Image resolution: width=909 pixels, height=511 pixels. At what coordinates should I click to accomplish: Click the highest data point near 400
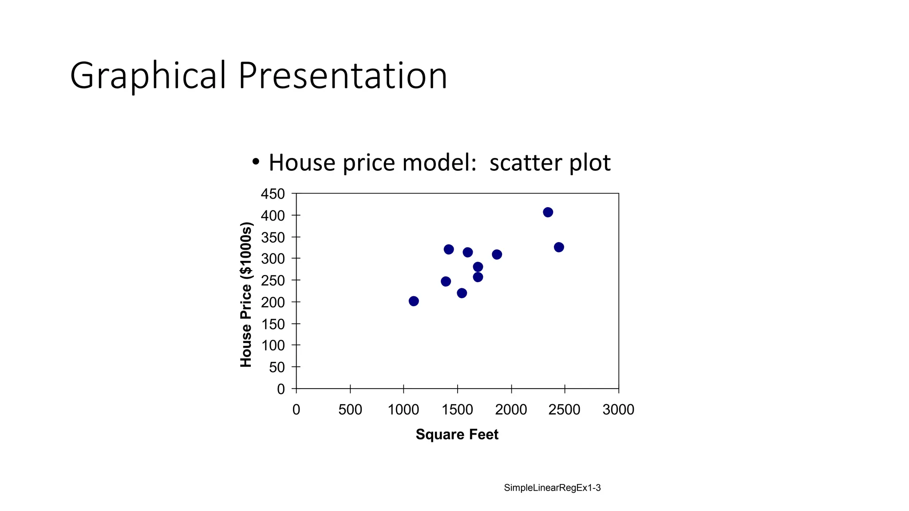tap(548, 212)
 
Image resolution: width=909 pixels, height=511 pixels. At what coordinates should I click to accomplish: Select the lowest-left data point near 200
tap(414, 301)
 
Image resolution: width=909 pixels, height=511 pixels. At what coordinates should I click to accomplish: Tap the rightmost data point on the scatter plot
tap(559, 247)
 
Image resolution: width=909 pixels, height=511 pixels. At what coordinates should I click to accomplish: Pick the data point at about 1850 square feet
tap(497, 254)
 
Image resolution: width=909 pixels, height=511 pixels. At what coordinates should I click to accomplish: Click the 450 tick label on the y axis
tap(273, 194)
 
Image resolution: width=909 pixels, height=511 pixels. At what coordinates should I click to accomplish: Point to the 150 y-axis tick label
tap(273, 324)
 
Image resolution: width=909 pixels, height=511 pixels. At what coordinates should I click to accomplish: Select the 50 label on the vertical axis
tap(277, 367)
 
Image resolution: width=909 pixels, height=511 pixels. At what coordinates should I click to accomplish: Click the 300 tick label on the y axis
tap(273, 259)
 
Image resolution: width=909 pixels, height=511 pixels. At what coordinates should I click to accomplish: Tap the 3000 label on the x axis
tap(618, 409)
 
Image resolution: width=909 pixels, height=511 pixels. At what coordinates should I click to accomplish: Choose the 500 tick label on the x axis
tap(350, 409)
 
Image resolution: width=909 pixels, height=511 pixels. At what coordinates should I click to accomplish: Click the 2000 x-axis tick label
tap(511, 409)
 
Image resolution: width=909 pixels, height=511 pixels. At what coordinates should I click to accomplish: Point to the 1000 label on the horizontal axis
tap(403, 409)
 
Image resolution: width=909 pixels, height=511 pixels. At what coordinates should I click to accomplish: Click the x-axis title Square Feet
tap(457, 434)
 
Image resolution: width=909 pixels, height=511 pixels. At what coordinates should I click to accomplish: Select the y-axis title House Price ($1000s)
tap(246, 295)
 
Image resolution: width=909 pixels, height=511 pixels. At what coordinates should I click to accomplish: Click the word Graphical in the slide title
tap(148, 76)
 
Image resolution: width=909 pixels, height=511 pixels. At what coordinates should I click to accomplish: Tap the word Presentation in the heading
tap(342, 76)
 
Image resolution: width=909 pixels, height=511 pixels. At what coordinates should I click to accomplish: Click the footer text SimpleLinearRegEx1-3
tap(552, 488)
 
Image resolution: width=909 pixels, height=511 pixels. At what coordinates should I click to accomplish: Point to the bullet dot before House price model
tap(255, 162)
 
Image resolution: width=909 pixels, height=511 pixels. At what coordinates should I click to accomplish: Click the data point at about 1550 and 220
tap(462, 293)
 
